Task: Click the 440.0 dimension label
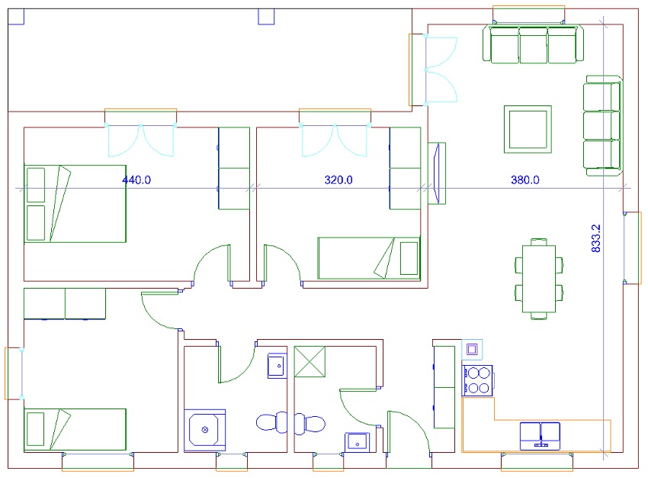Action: click(x=136, y=180)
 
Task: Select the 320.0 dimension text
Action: click(x=338, y=180)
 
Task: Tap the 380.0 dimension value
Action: click(x=524, y=180)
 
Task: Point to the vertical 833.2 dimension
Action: click(x=595, y=238)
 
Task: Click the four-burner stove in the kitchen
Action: click(x=477, y=381)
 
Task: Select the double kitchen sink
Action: click(x=541, y=436)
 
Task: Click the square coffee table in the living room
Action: click(x=528, y=129)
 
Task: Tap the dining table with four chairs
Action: click(x=539, y=279)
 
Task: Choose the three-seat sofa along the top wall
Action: click(x=533, y=44)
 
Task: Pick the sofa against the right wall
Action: click(x=603, y=126)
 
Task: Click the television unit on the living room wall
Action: click(x=437, y=173)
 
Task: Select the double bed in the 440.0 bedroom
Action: click(x=75, y=204)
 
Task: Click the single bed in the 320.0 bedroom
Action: click(x=369, y=258)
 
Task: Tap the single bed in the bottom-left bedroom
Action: click(x=75, y=430)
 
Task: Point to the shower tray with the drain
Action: click(x=204, y=430)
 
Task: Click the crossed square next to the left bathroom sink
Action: click(x=310, y=362)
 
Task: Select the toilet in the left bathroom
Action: click(x=271, y=422)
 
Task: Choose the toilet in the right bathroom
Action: click(x=310, y=423)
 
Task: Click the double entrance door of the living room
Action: click(x=441, y=69)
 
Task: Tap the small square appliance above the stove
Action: click(x=472, y=350)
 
